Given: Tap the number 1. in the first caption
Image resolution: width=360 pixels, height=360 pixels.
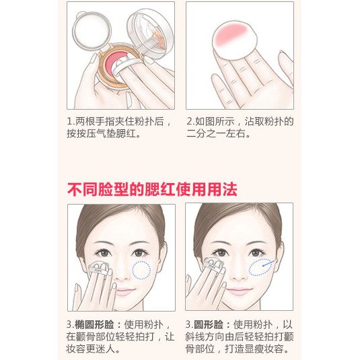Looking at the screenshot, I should (71, 121).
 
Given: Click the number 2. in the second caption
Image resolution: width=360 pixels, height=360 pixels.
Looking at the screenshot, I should (190, 121).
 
